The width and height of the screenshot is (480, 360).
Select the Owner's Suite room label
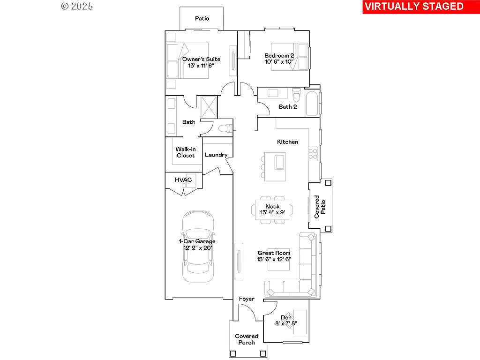pyautogui.click(x=201, y=59)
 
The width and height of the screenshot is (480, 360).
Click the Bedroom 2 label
pyautogui.click(x=279, y=56)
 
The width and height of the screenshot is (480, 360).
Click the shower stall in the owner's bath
pyautogui.click(x=209, y=106)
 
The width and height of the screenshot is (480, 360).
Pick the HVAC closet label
pyautogui.click(x=183, y=180)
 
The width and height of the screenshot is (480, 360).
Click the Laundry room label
pyautogui.click(x=216, y=155)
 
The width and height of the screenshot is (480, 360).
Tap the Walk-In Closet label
pyautogui.click(x=186, y=152)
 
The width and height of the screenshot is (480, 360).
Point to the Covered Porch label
pyautogui.click(x=247, y=339)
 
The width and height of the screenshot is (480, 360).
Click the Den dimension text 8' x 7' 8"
pyautogui.click(x=286, y=323)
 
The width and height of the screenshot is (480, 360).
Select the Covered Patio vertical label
pyautogui.click(x=320, y=207)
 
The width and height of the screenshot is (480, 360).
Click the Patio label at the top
pyautogui.click(x=202, y=19)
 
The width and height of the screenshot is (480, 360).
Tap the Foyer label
pyautogui.click(x=247, y=299)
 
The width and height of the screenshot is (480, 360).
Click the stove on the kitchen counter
pyautogui.click(x=313, y=153)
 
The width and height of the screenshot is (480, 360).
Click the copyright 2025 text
pyautogui.click(x=77, y=6)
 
